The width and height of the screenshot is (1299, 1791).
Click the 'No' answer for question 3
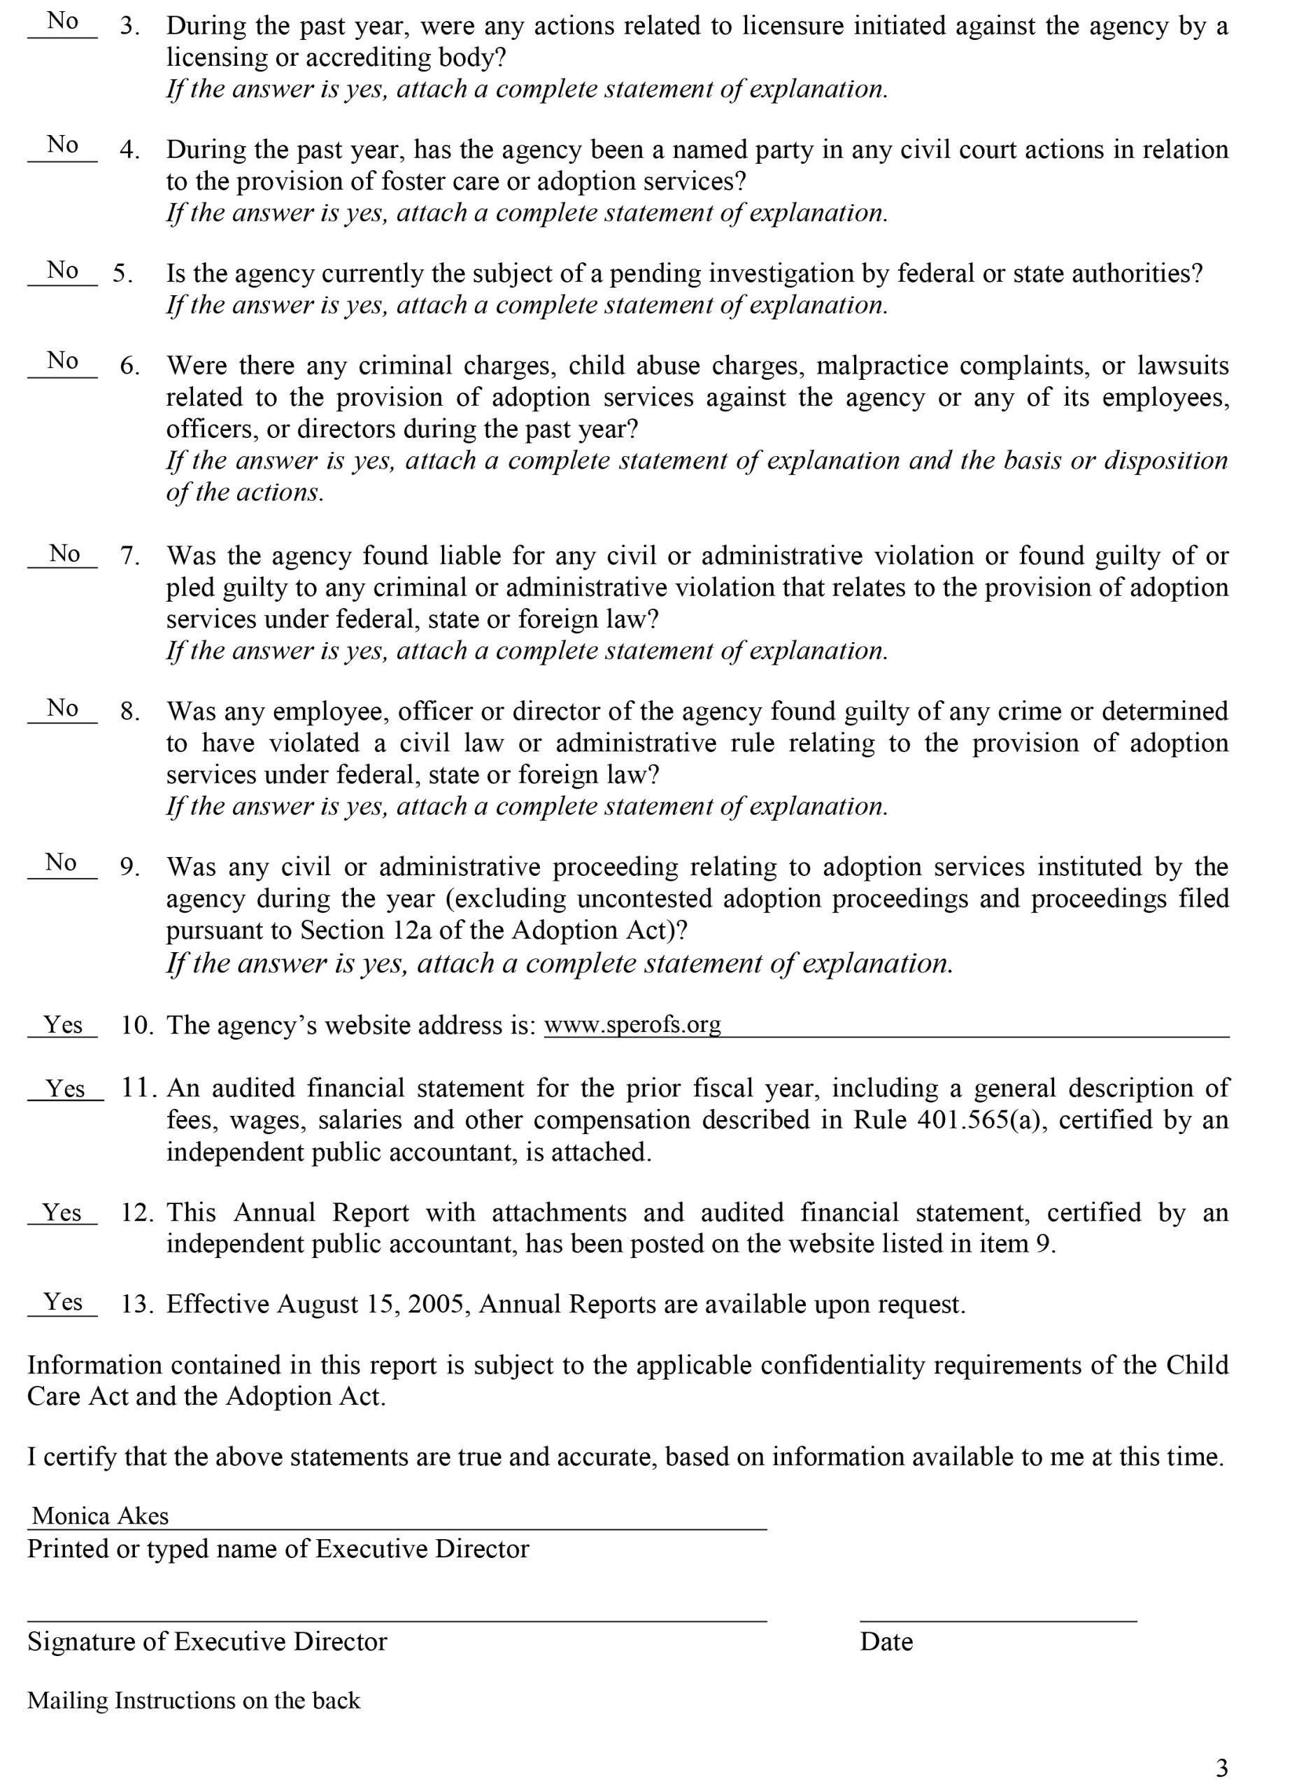coord(62,21)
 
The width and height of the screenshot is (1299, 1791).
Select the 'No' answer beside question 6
coord(62,361)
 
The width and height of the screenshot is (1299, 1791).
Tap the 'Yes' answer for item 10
coord(62,1025)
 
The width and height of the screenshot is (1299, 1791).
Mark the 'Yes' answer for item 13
coord(62,1301)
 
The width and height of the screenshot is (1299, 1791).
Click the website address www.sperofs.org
coord(632,1024)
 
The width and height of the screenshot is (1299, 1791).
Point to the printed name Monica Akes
coord(100,1515)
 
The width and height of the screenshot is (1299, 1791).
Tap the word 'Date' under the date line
coord(886,1642)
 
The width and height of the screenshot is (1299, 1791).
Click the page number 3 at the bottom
coord(1221,1767)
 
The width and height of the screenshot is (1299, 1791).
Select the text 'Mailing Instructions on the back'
coord(194,1700)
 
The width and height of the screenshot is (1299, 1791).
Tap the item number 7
coord(129,556)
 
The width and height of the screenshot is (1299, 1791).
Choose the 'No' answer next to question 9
coord(61,863)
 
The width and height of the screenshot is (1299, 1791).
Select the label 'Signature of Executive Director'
coord(207,1642)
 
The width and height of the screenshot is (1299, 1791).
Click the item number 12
coord(136,1212)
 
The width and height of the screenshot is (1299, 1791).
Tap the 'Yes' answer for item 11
coord(65,1089)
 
